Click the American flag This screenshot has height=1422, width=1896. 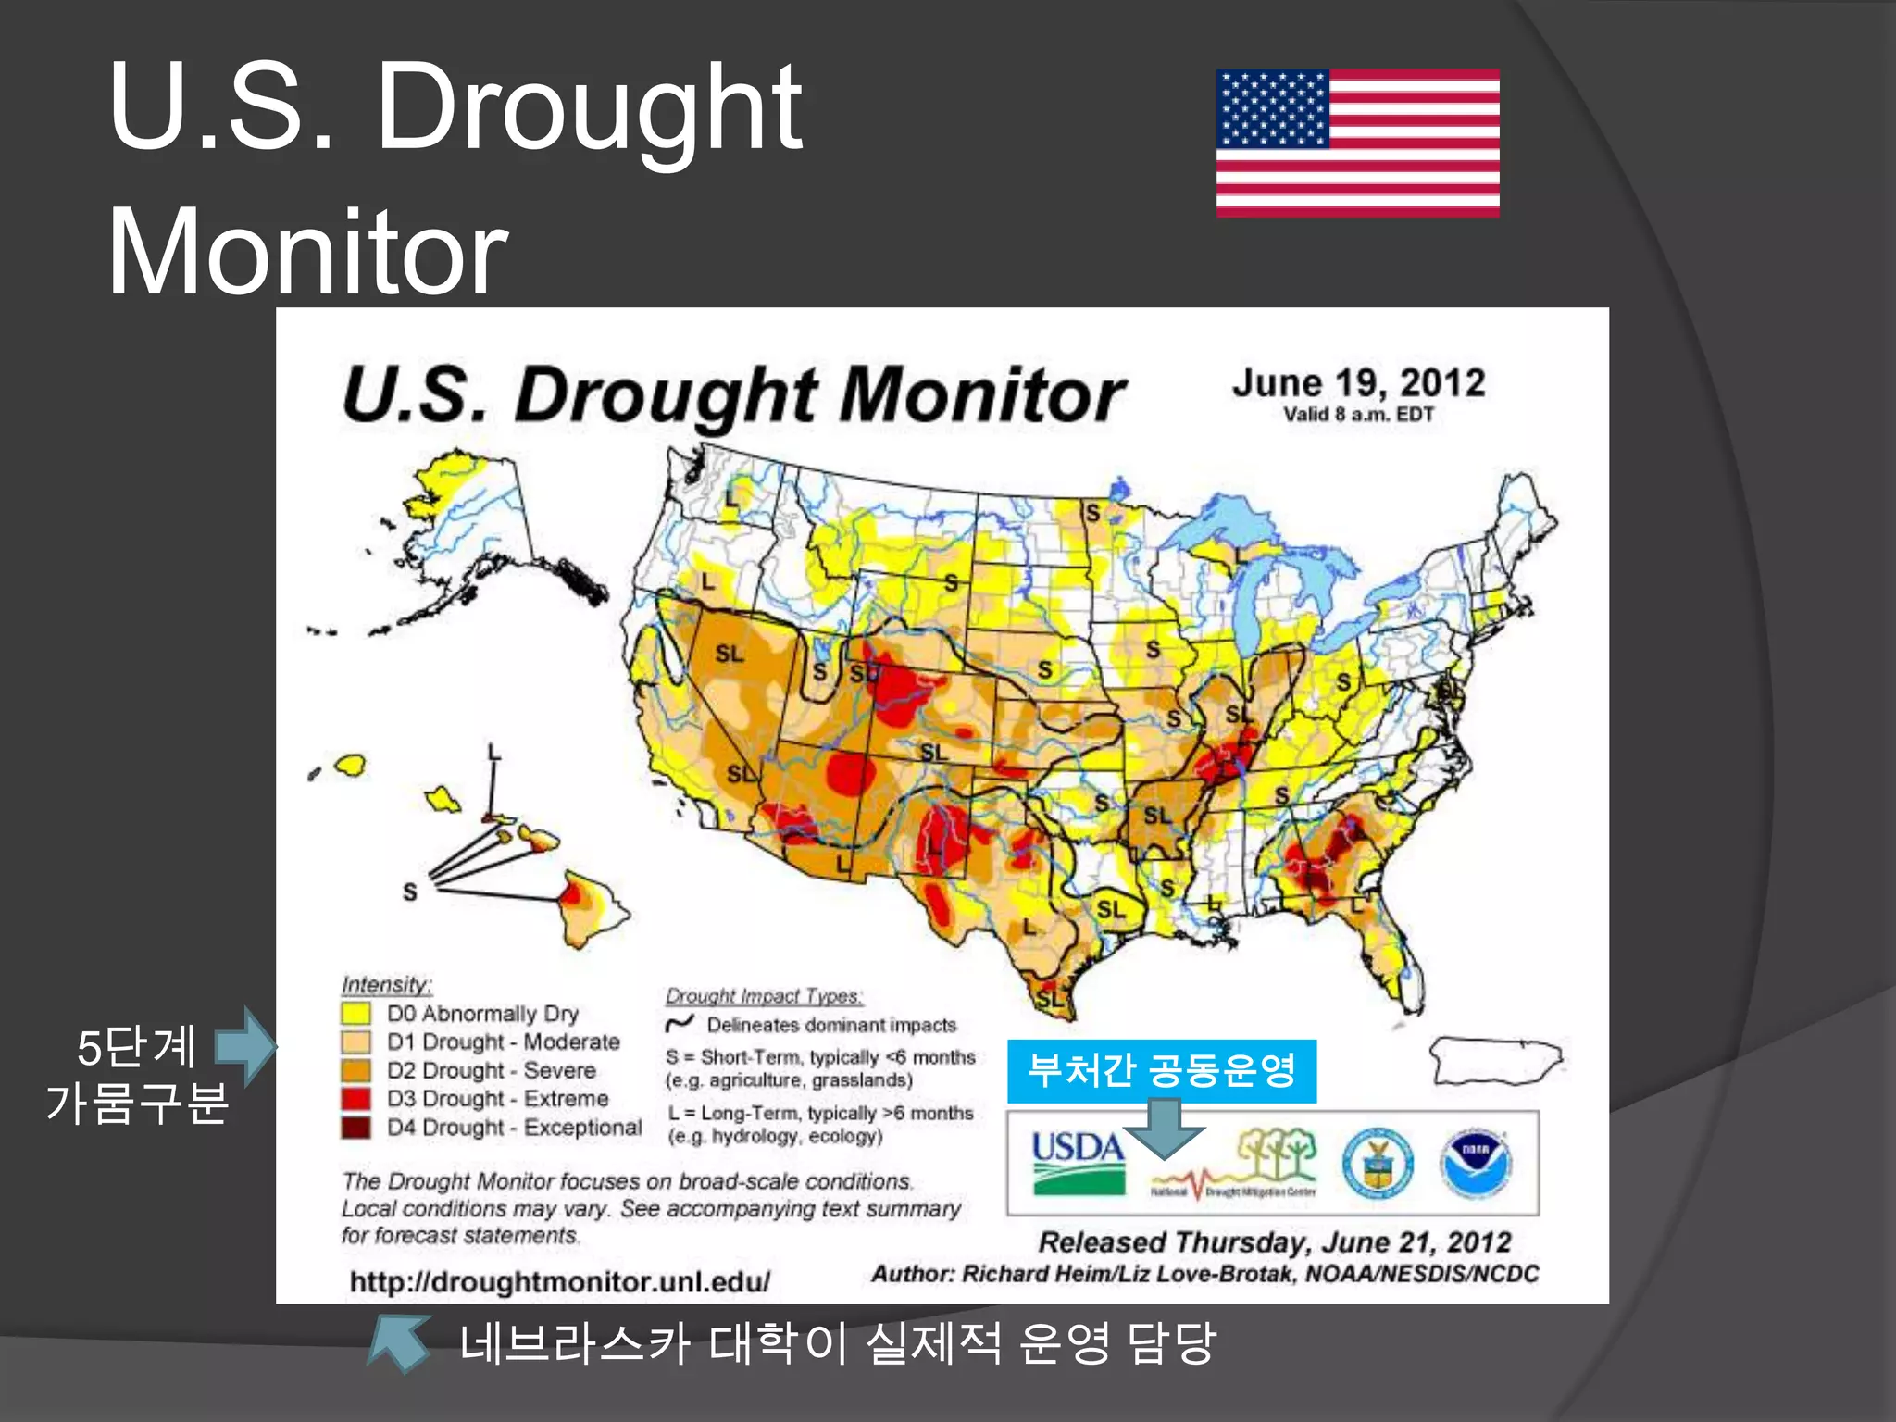[1357, 143]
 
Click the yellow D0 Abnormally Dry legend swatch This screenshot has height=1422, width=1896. [355, 1013]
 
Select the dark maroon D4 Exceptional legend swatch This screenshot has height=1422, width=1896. [355, 1127]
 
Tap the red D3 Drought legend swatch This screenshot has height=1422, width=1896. [355, 1099]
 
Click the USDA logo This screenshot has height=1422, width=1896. [1079, 1162]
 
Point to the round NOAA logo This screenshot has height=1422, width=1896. [1475, 1163]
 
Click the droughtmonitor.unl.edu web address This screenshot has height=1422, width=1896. [559, 1282]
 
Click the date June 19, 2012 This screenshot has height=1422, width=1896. [1358, 383]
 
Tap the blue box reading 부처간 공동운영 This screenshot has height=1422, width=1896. [1161, 1071]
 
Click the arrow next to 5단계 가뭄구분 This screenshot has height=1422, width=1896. [246, 1046]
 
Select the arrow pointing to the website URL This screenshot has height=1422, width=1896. [398, 1342]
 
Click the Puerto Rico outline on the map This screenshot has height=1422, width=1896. [1494, 1061]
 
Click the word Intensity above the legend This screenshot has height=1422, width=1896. [386, 984]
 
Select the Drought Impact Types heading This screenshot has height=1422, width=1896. [764, 996]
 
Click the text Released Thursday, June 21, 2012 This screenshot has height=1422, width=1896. [1274, 1241]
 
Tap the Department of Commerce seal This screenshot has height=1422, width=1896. [1377, 1163]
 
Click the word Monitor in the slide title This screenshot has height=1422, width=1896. [307, 252]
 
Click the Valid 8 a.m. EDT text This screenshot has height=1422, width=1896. [1358, 415]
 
